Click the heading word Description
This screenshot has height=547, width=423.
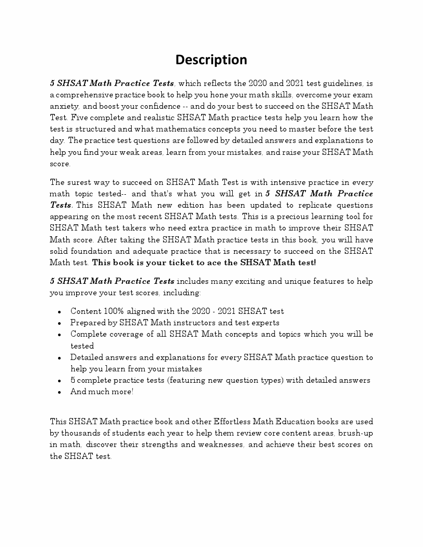pos(211,60)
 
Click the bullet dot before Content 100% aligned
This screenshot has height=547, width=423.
pos(60,312)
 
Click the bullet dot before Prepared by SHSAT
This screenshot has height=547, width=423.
pos(60,323)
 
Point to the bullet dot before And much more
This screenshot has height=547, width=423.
pos(60,392)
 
